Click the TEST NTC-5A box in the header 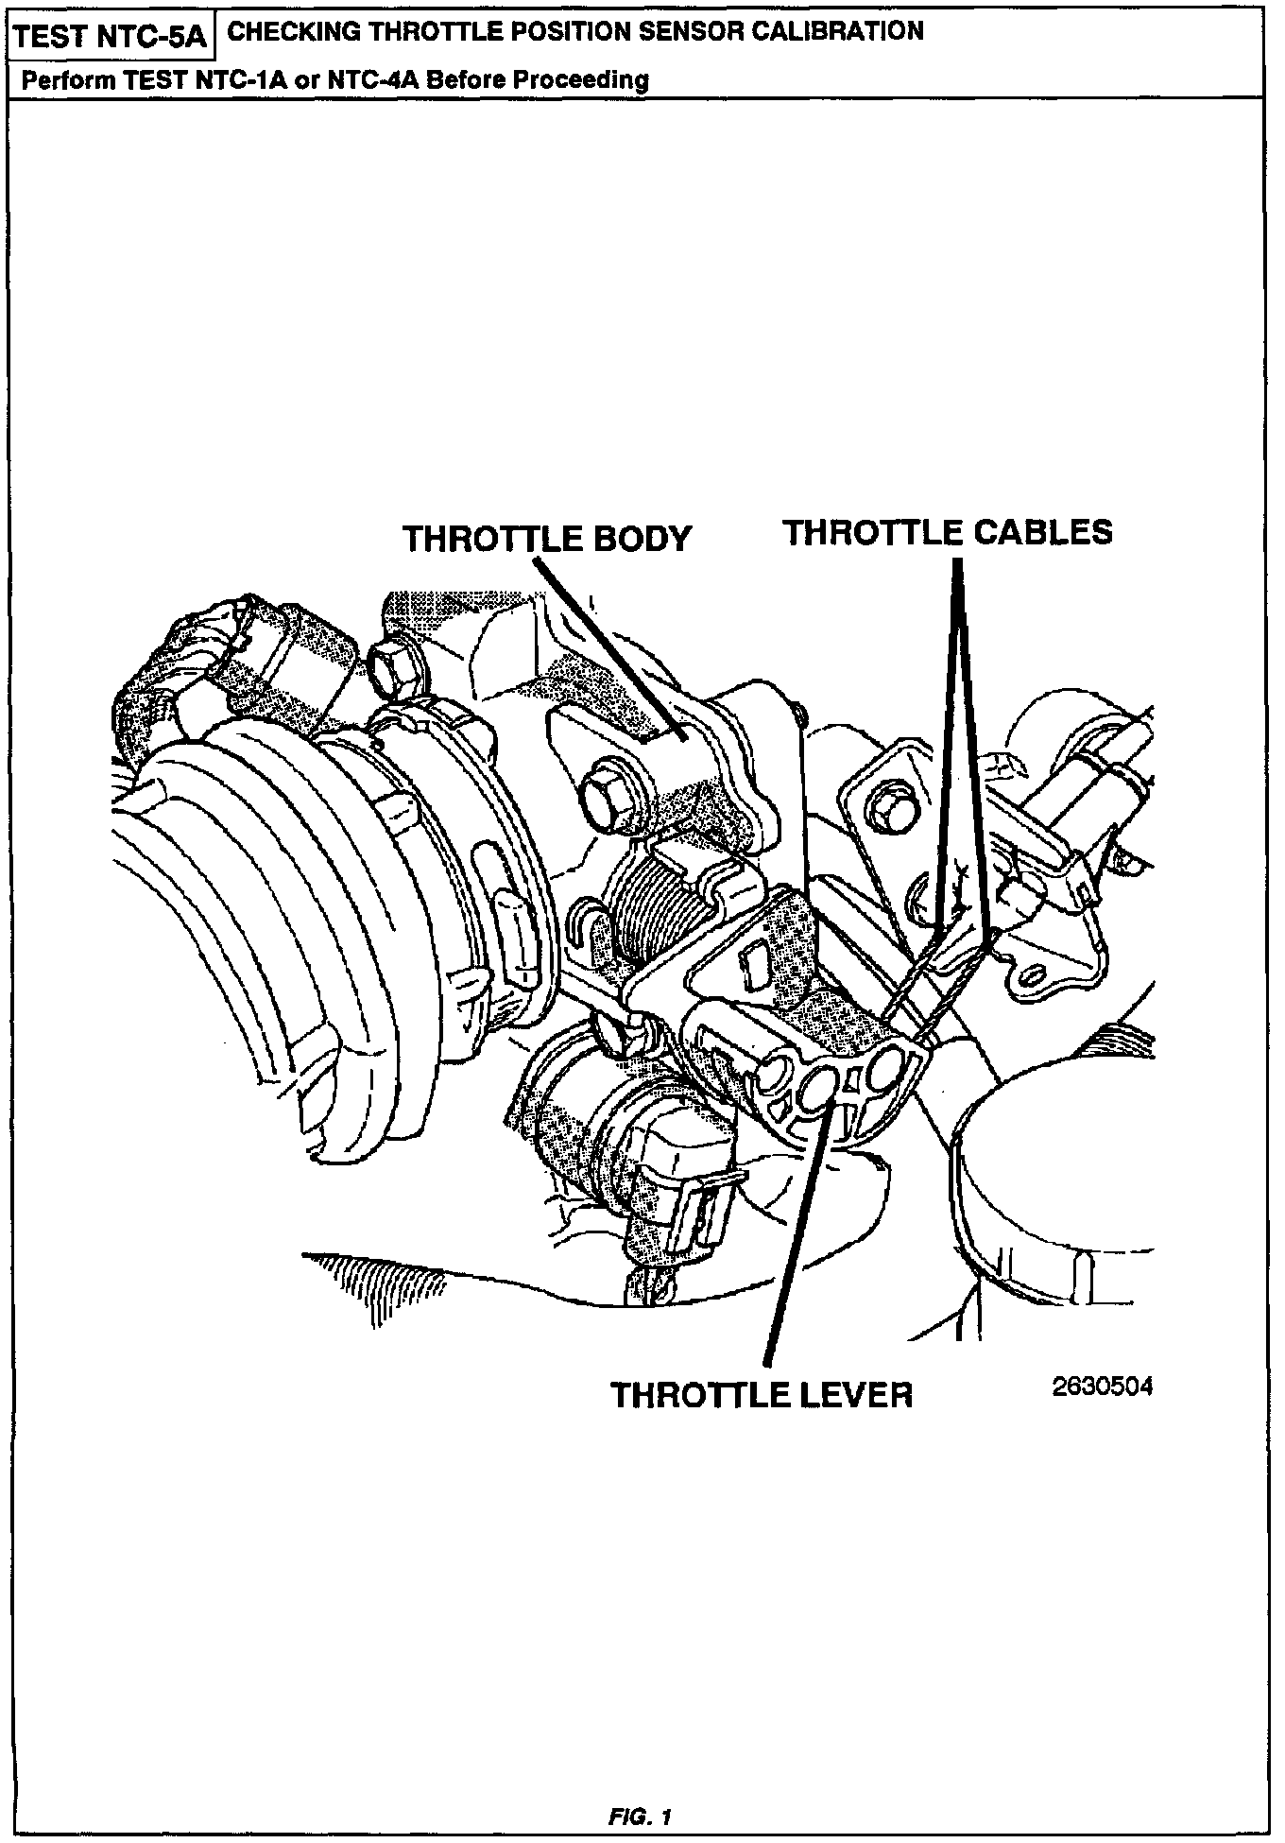(x=112, y=37)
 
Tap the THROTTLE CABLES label (x=947, y=532)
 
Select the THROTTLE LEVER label (x=762, y=1394)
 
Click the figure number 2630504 (x=1102, y=1387)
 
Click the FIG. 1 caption (x=640, y=1817)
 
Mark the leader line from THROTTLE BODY (x=605, y=643)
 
